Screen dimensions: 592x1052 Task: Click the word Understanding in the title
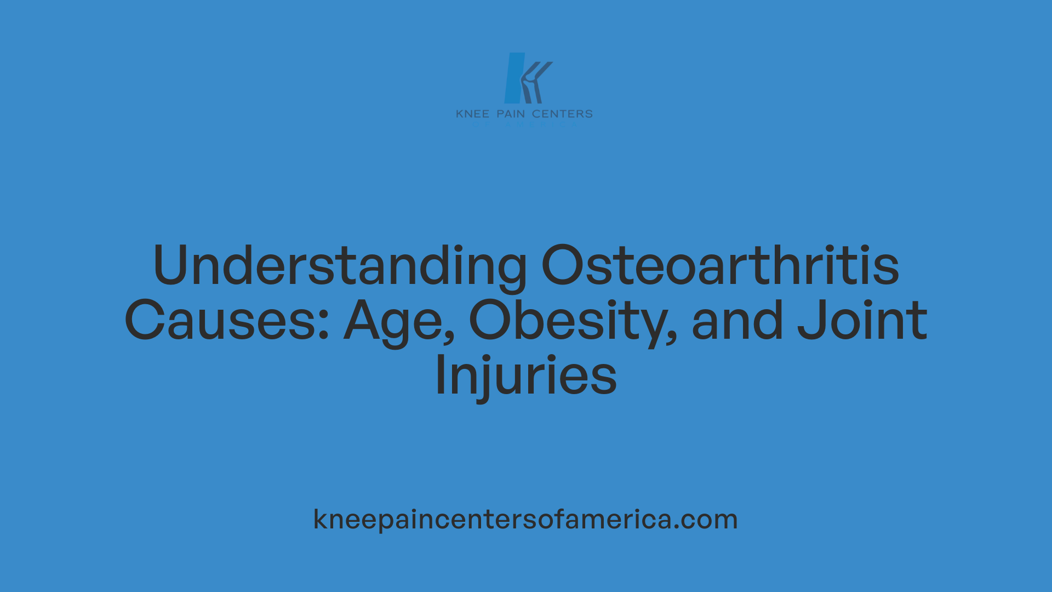pos(340,266)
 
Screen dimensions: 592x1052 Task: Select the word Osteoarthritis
pos(720,266)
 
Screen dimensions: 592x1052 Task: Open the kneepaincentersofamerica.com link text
pos(525,519)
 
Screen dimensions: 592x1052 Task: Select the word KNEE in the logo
pos(472,114)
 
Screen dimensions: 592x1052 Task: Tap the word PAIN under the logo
pos(511,114)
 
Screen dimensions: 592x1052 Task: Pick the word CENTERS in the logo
pos(562,114)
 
